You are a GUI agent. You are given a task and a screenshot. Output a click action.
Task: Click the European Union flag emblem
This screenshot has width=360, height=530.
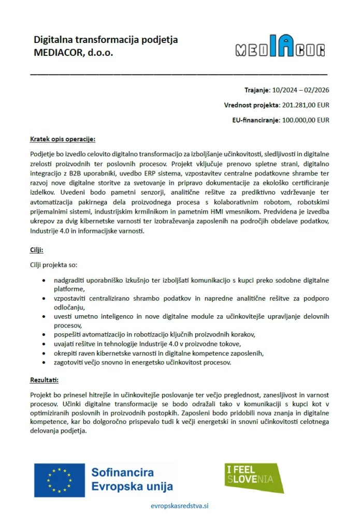point(59,480)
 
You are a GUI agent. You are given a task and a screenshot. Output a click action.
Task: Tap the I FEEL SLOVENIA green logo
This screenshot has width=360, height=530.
point(254,478)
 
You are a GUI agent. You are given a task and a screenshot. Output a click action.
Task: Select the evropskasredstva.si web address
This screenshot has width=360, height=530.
point(179,506)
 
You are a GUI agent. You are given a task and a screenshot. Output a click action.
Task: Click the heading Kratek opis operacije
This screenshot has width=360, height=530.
point(63,139)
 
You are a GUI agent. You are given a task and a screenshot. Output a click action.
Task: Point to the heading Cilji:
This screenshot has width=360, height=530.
point(37,250)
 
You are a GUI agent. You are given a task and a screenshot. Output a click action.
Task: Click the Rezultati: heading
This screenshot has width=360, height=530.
point(45,380)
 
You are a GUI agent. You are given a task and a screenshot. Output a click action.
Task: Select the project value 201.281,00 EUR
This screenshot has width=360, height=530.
point(305,105)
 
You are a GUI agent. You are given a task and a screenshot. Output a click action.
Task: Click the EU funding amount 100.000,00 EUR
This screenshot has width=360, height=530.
point(305,120)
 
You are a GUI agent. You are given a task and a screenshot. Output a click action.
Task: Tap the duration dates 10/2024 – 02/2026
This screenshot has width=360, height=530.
point(300,90)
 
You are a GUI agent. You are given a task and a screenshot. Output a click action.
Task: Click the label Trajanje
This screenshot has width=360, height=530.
point(256,90)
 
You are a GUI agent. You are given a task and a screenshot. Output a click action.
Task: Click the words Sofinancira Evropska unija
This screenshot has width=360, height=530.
point(132,480)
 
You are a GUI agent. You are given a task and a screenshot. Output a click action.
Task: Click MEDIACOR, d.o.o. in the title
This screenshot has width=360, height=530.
point(73,53)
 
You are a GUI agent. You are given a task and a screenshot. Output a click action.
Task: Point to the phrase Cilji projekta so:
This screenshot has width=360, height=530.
point(53,265)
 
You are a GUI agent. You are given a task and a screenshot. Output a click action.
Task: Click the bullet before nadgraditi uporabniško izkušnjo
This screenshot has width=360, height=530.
point(43,281)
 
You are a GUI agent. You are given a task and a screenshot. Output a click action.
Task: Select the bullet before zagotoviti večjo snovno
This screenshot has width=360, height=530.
point(43,362)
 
